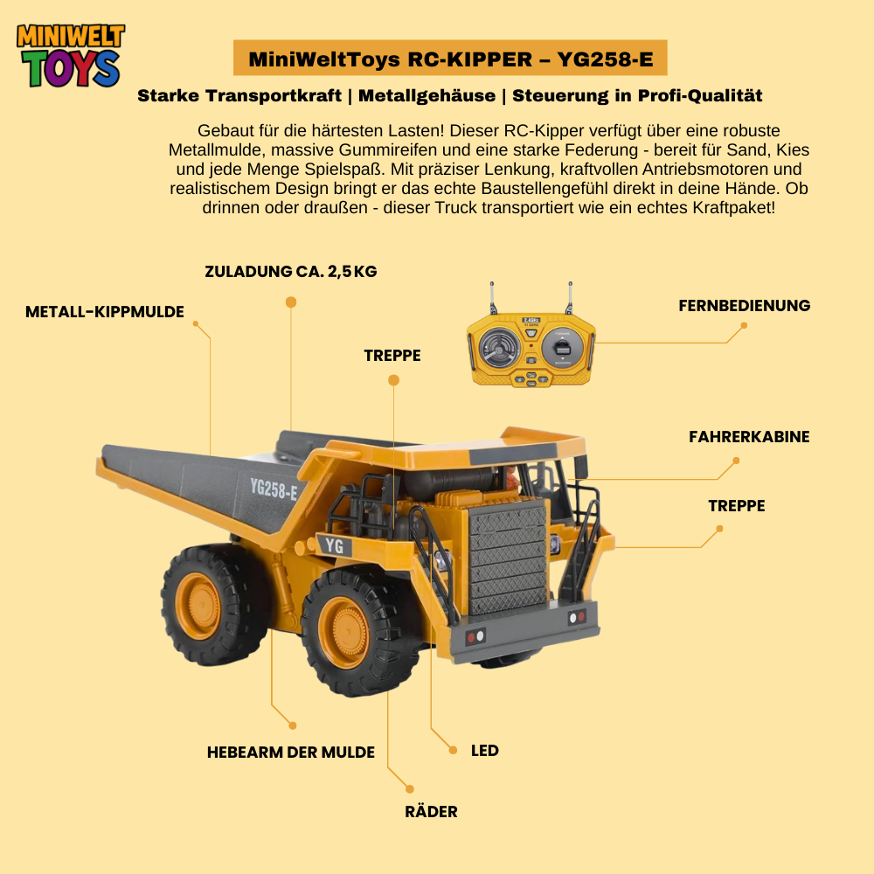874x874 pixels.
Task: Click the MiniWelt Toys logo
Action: click(x=71, y=56)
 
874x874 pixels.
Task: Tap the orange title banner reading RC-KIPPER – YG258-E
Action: click(x=450, y=58)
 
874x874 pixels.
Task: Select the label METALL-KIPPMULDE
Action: click(x=105, y=312)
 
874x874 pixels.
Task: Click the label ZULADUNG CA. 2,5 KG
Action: click(x=291, y=272)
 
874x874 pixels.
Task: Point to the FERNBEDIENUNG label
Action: click(x=744, y=305)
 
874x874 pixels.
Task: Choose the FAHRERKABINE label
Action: click(x=749, y=436)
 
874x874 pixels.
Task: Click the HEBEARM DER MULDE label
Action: click(x=291, y=752)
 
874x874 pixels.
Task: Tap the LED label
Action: click(x=485, y=750)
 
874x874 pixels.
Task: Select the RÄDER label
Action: click(x=432, y=811)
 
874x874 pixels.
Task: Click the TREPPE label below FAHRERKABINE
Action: click(x=736, y=505)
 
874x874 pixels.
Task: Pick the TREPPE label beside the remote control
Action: click(x=392, y=355)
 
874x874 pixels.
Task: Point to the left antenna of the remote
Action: click(x=493, y=298)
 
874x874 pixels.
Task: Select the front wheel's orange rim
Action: click(x=344, y=633)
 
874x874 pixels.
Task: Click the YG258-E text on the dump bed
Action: click(x=274, y=489)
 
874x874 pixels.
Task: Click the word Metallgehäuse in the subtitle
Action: click(x=427, y=96)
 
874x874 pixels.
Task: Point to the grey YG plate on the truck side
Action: click(x=335, y=545)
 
